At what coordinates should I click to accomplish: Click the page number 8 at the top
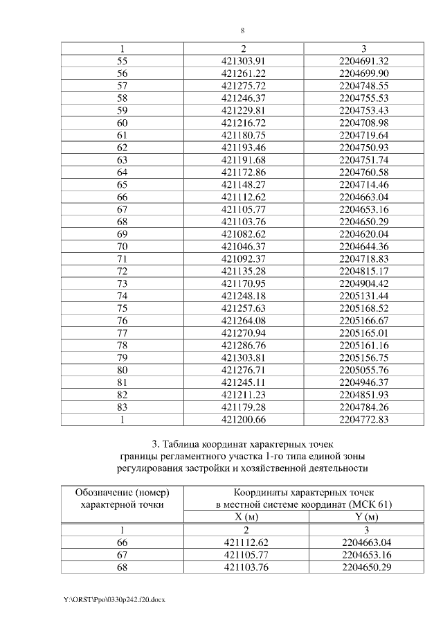243,30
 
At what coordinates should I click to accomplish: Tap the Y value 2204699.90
364,73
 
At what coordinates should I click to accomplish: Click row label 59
123,110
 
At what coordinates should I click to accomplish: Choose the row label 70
123,246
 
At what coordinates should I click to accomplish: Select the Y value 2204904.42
364,283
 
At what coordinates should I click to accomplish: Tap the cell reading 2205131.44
364,295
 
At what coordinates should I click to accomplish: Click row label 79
123,357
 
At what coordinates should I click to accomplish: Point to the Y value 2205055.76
364,369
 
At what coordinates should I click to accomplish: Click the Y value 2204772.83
364,418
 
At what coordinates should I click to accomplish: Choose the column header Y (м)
364,518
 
